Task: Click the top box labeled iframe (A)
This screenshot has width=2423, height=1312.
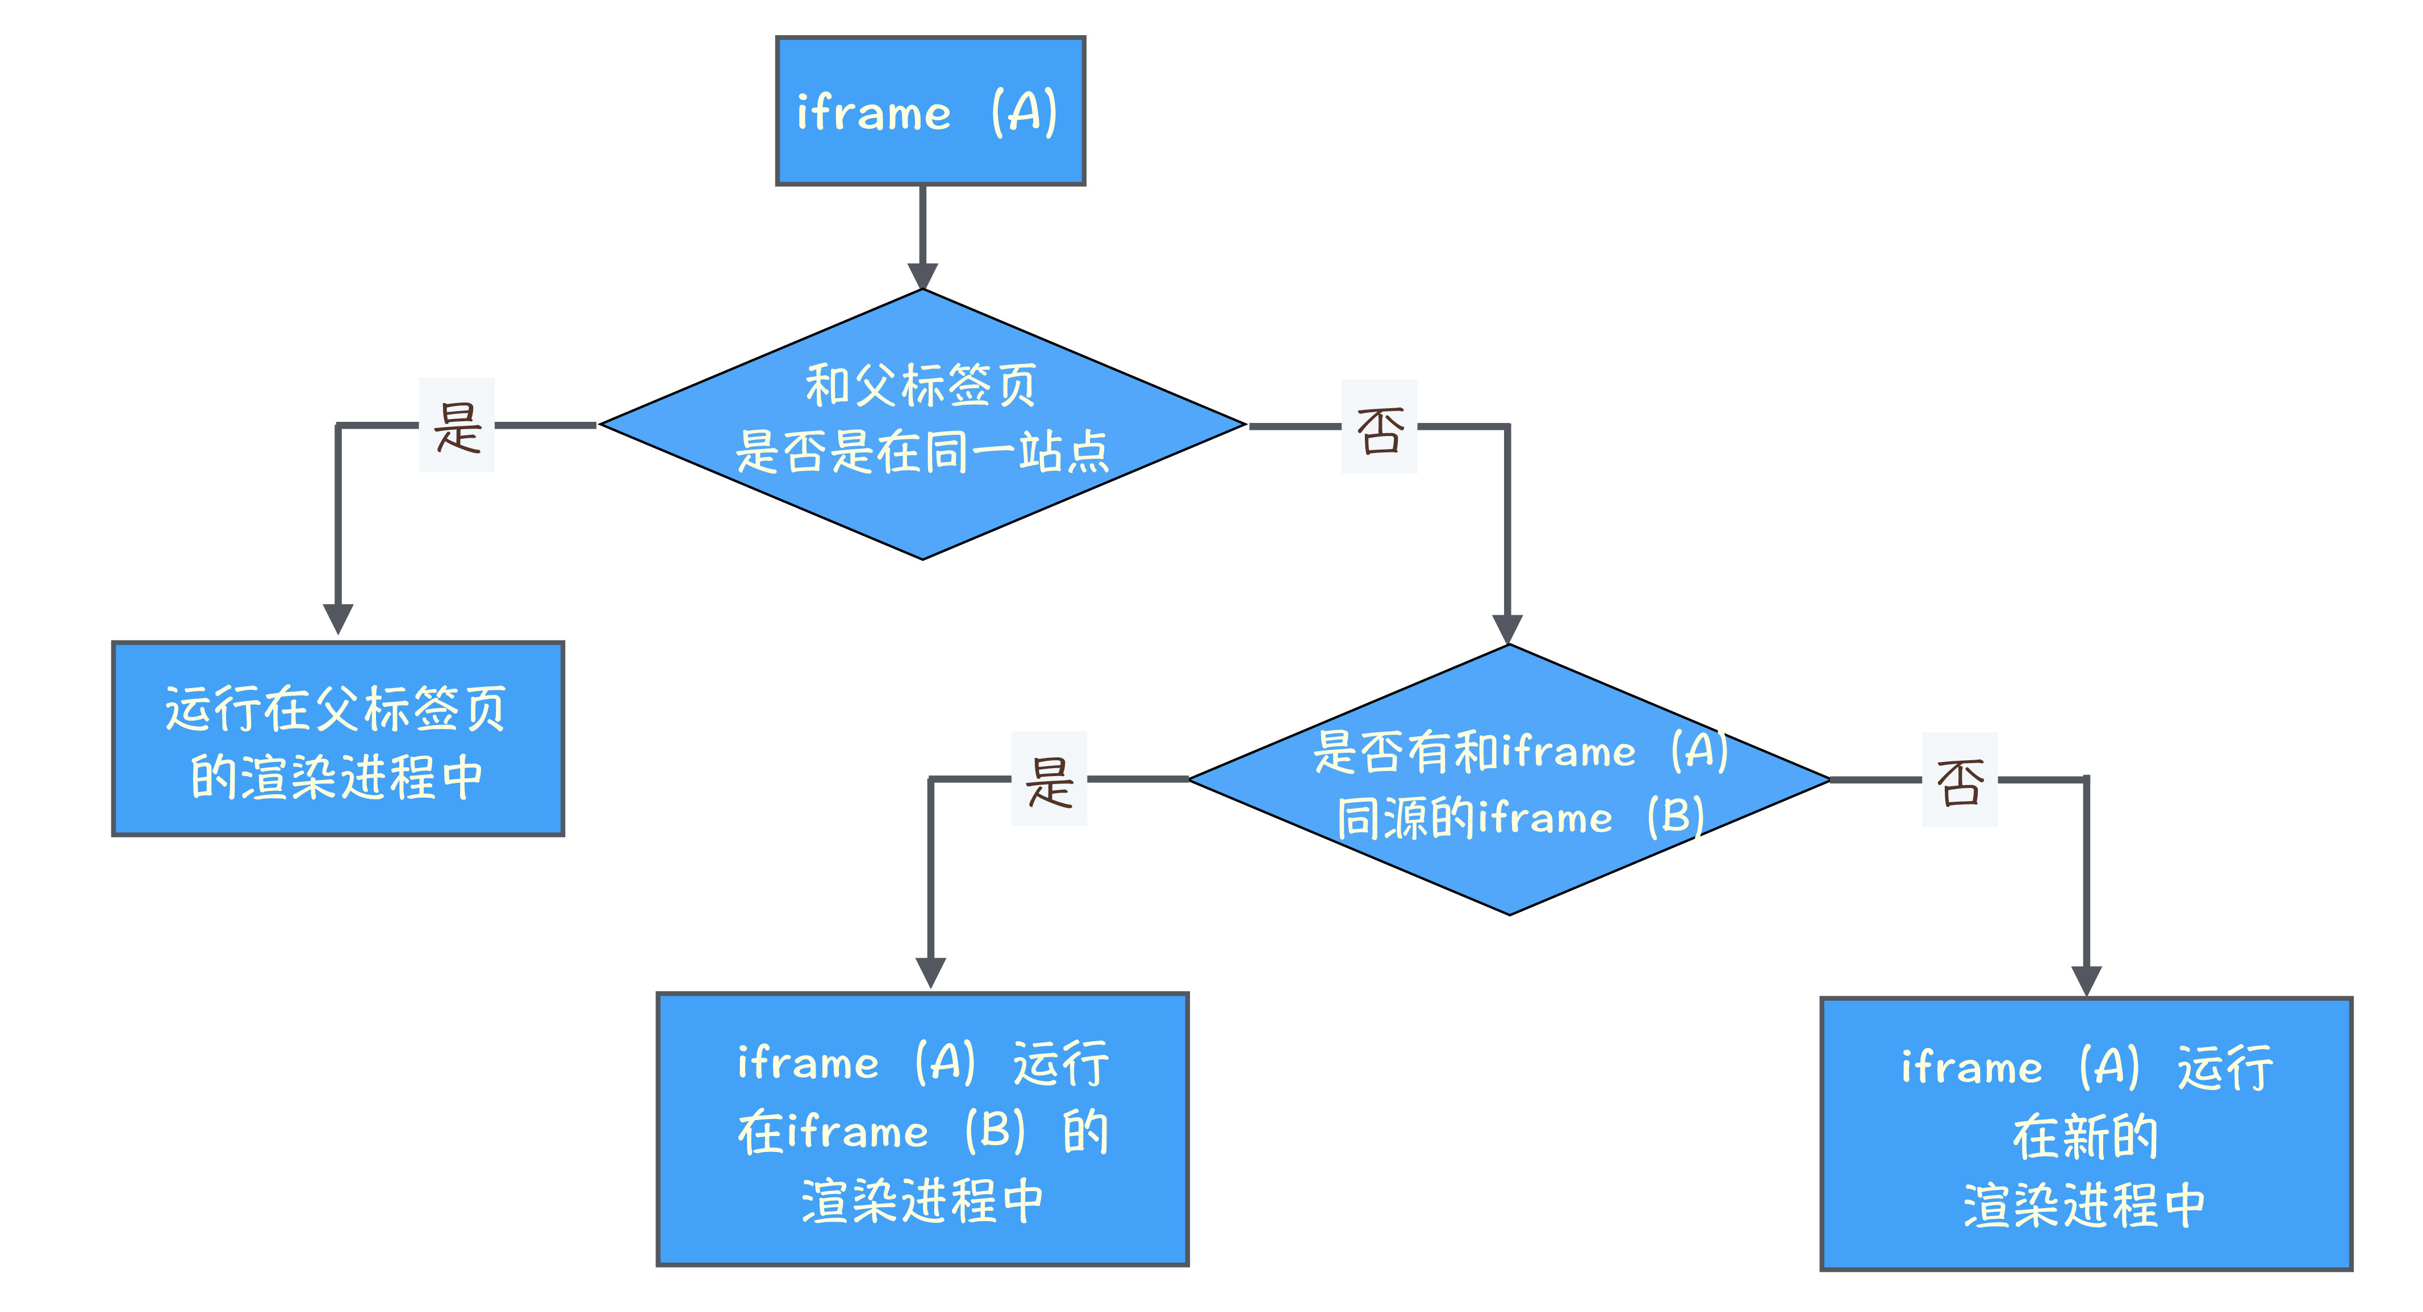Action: point(929,111)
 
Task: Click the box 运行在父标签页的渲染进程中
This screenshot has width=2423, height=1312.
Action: point(338,738)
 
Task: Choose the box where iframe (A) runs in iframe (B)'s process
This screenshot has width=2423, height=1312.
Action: point(922,1129)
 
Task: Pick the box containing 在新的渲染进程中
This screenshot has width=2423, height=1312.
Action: point(2085,1133)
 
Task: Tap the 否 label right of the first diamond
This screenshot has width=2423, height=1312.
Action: point(1379,428)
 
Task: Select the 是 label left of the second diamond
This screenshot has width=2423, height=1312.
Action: point(1049,779)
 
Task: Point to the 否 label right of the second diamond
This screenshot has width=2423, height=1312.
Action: point(1960,781)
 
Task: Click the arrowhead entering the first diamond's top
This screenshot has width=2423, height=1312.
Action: point(922,275)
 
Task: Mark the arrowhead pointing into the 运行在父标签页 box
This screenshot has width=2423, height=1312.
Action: point(338,619)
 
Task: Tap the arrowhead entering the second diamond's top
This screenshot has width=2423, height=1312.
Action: point(1507,628)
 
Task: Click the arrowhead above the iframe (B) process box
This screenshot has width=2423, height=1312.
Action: point(930,971)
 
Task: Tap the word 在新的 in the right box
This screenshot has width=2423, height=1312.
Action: point(2084,1136)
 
